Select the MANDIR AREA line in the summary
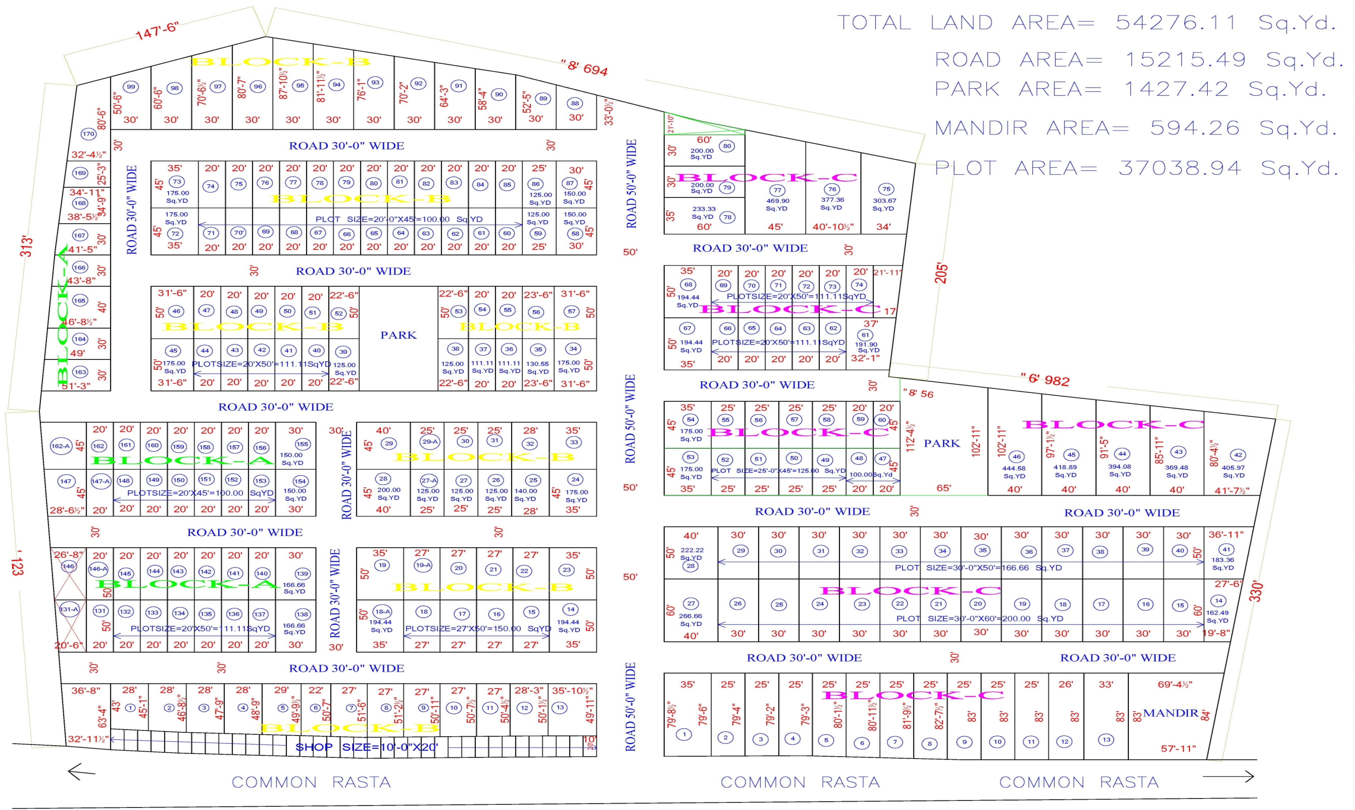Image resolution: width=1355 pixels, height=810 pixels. point(1136,128)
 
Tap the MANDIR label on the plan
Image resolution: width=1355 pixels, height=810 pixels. point(1170,713)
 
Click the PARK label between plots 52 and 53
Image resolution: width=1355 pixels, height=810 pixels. point(398,335)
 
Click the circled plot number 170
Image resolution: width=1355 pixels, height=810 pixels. point(89,134)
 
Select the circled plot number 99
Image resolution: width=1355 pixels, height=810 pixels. point(131,87)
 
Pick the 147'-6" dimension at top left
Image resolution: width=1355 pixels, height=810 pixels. point(157,30)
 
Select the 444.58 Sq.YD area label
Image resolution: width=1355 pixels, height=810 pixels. point(1014,472)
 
